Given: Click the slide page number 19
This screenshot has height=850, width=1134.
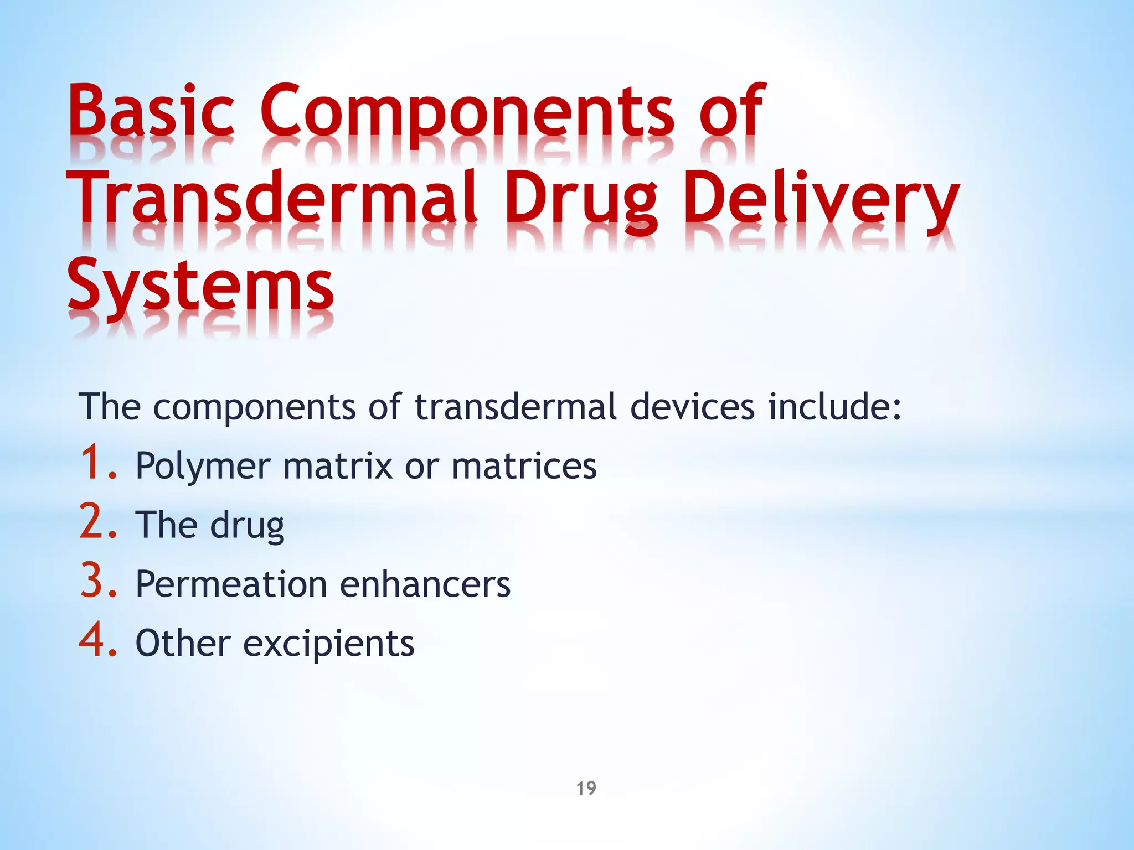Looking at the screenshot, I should tap(586, 788).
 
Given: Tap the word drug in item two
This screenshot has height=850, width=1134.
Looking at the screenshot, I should tap(247, 526).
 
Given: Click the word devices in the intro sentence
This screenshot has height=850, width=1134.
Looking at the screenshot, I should tap(692, 407).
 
